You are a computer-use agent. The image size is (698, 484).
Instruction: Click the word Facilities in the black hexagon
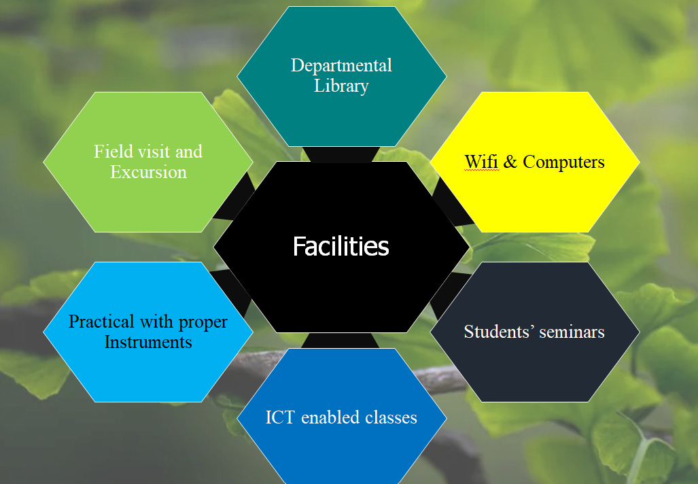click(341, 246)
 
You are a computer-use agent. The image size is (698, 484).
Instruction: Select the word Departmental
click(341, 66)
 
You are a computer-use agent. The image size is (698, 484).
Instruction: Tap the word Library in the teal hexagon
click(341, 86)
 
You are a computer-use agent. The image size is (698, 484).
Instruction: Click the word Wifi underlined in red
click(481, 162)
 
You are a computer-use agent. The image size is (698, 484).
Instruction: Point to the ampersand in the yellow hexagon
click(510, 162)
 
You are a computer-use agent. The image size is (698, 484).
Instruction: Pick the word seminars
click(572, 332)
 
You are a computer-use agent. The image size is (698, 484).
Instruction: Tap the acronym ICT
click(280, 417)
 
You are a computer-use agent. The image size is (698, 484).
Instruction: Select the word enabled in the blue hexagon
click(330, 417)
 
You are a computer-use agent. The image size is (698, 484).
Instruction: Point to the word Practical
click(101, 322)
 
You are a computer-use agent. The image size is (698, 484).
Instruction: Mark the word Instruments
click(148, 343)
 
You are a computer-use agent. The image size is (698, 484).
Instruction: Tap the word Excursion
click(148, 172)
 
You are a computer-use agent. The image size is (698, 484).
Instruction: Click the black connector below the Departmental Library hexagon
click(341, 154)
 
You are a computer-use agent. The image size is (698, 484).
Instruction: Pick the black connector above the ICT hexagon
click(341, 340)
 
